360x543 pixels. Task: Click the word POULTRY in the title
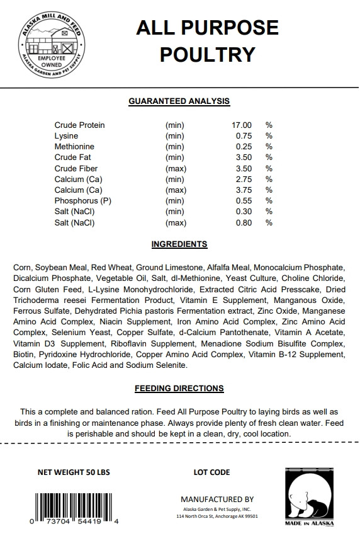pos(207,54)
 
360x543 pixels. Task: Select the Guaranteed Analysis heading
pos(179,101)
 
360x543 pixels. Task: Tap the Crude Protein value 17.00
pos(242,125)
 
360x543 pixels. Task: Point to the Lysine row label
pos(66,135)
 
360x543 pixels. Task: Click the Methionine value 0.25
pos(243,146)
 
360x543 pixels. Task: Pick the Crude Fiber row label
pos(76,168)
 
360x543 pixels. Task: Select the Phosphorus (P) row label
pos(83,201)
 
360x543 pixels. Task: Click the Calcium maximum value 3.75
pos(243,190)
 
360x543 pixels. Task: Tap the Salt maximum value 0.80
pos(243,222)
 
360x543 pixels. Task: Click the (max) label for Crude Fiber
pos(175,168)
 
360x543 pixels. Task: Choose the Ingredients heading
pos(179,244)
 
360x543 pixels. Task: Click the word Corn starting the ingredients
pos(22,267)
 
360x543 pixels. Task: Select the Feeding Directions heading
pos(179,389)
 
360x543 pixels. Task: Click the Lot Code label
pos(212,472)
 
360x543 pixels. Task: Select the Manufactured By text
pos(217,498)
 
